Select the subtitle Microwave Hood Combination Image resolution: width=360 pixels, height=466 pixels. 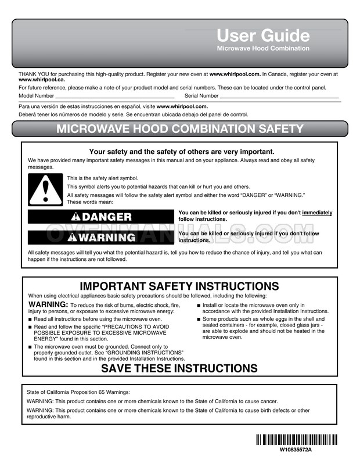263,48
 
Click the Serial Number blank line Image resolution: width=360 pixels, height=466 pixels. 279,95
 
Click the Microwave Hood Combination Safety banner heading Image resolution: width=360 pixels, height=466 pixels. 179,129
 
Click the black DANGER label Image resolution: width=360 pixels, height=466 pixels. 101,217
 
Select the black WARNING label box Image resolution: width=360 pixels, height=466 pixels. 101,237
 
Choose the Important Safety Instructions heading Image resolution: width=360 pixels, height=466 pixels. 179,286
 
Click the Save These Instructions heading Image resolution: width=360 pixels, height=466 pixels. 179,368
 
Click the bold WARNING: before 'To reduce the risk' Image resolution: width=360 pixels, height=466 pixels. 48,304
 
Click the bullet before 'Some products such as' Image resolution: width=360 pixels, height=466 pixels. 199,320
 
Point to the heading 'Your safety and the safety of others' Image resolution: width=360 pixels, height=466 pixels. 179,152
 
